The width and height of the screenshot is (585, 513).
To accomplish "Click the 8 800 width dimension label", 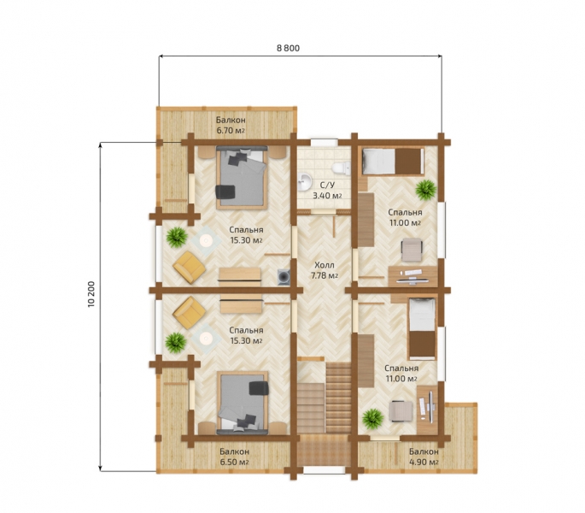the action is [288, 48].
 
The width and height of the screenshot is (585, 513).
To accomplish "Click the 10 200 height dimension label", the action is [91, 294].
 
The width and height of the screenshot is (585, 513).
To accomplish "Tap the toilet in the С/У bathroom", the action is [341, 168].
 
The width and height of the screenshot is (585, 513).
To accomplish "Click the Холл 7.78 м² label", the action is [325, 270].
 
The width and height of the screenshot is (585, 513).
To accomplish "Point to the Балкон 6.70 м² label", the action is [231, 126].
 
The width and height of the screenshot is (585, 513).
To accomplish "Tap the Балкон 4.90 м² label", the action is [424, 457].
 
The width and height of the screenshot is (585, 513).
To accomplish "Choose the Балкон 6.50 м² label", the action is [234, 457].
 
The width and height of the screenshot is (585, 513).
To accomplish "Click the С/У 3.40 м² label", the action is [327, 191].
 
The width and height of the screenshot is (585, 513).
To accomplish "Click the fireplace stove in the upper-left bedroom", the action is [284, 277].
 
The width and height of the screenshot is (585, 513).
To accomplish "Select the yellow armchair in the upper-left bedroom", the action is [189, 267].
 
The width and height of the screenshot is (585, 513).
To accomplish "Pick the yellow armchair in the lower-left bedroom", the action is [189, 313].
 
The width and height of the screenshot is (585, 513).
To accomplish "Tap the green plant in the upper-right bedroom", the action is [425, 190].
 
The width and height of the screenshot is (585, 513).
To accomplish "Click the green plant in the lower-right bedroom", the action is [372, 419].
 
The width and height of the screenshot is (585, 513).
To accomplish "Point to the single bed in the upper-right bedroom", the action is [393, 162].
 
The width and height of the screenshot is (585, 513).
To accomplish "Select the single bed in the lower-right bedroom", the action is [422, 328].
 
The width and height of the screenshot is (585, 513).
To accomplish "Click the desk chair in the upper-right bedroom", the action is [412, 250].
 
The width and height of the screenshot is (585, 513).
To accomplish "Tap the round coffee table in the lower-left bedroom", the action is [205, 339].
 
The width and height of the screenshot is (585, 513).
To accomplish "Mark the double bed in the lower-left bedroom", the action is [243, 404].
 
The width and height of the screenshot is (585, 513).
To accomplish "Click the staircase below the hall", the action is [325, 398].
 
